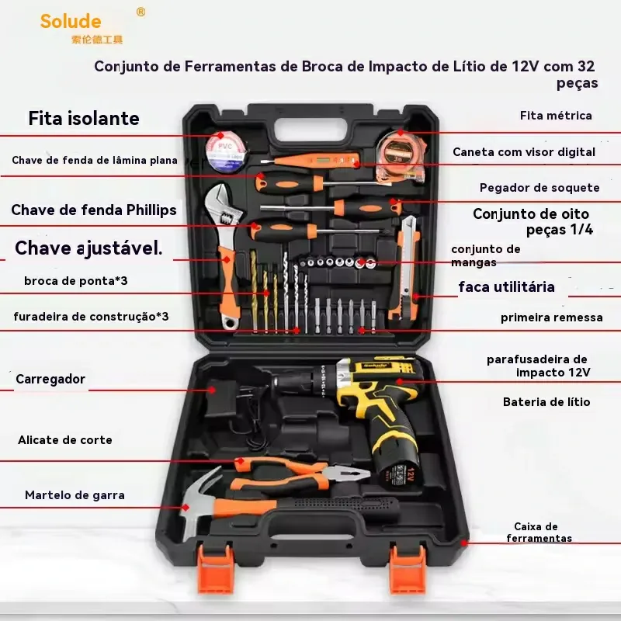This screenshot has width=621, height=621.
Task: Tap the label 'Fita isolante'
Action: click(84, 119)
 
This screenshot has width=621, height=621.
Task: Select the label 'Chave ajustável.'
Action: click(88, 248)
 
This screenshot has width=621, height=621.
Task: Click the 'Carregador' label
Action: click(50, 380)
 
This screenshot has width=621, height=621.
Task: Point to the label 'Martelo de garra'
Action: click(75, 495)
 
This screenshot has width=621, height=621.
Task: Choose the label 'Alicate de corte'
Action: click(65, 440)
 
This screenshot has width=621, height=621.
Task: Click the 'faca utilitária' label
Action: click(506, 287)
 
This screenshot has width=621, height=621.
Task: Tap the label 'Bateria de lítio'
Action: click(546, 402)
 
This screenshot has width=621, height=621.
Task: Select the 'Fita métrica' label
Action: click(556, 116)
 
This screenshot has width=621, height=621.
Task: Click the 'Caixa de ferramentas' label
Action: click(539, 533)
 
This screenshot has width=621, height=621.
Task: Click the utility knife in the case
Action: click(409, 264)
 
